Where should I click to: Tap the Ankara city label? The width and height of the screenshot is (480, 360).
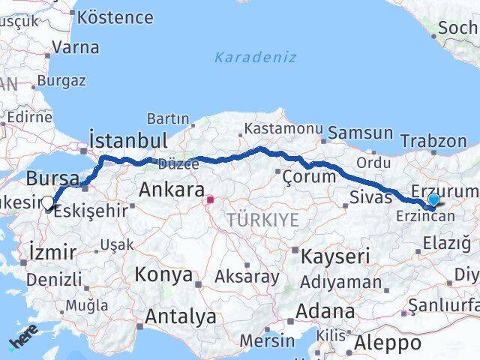172,190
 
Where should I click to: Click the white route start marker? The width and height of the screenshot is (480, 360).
49,202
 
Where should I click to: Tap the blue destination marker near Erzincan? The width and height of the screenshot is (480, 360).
433,199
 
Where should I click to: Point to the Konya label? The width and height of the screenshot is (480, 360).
163,274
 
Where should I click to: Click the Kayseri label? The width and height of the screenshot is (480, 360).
335,256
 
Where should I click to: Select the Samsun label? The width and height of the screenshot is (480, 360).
361,133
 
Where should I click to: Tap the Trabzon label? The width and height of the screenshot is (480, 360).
433,140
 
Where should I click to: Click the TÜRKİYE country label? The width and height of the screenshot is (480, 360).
263,220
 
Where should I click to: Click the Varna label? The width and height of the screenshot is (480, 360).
75,46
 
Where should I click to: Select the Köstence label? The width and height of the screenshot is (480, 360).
115,16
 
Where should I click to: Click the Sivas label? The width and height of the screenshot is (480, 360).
371,198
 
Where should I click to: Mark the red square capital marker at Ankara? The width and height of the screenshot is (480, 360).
211,200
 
